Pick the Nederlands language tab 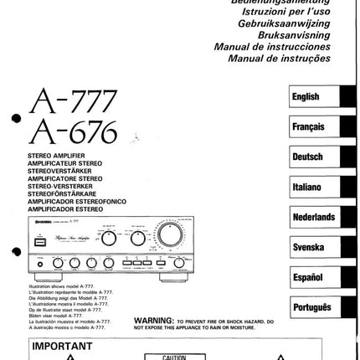[x=314, y=217]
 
